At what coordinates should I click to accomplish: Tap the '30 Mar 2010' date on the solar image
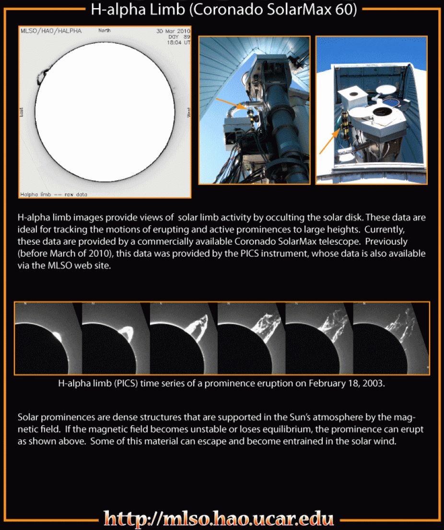[173, 31]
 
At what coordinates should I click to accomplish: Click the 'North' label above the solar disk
[105, 31]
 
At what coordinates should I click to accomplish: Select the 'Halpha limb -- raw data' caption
[54, 194]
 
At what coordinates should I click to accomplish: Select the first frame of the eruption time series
[48, 338]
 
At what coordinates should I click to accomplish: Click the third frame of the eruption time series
[184, 338]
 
